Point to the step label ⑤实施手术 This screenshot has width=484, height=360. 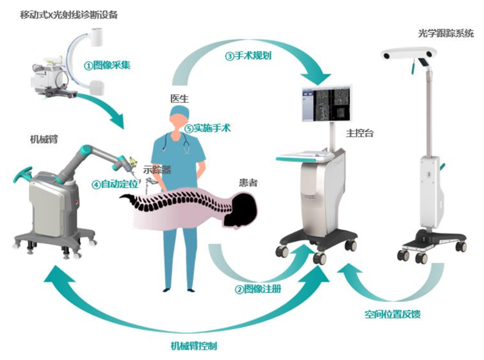coord(208,128)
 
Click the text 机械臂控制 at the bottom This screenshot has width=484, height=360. coord(194,345)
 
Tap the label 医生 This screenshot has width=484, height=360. coord(179,99)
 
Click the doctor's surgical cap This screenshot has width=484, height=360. coord(178,115)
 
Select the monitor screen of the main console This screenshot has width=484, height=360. coord(327,104)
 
